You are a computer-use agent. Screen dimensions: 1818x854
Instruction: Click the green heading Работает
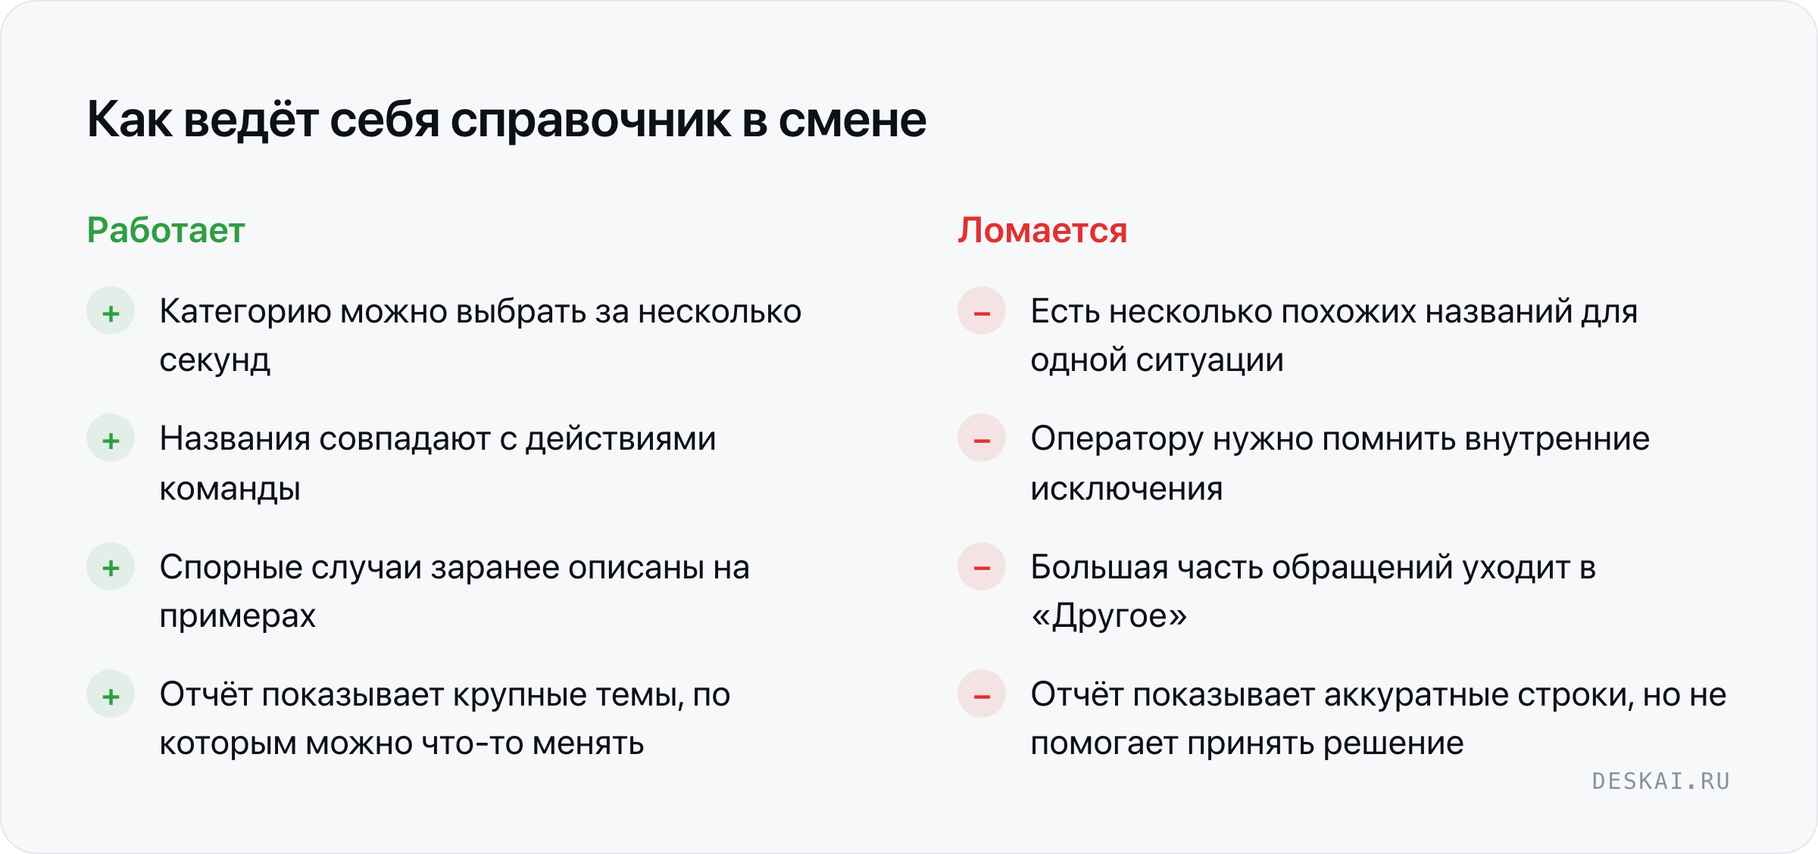[x=166, y=230]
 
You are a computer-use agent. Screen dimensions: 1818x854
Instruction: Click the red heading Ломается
[x=1042, y=230]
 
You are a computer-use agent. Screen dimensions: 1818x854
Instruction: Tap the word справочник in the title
[x=591, y=121]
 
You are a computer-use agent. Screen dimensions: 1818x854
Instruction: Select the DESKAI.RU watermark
[x=1661, y=781]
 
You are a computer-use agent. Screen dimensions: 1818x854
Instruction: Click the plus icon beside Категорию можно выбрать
[x=111, y=311]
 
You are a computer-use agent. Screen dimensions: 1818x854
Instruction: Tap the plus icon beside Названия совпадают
[x=111, y=438]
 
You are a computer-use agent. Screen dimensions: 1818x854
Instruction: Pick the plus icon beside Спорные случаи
[x=111, y=566]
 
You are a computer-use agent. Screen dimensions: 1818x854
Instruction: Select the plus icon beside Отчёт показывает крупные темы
[x=111, y=694]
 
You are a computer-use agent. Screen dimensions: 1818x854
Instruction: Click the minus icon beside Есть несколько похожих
[x=982, y=311]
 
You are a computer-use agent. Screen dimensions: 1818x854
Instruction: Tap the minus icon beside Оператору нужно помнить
[x=982, y=438]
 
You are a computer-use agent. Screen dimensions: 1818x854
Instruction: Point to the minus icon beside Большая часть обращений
[x=982, y=566]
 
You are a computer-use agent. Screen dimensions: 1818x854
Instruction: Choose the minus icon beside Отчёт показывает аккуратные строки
[x=982, y=694]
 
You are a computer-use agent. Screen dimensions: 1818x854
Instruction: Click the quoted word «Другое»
[x=1109, y=616]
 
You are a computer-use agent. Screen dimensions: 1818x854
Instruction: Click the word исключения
[x=1126, y=489]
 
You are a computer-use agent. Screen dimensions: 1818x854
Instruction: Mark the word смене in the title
[x=852, y=121]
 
